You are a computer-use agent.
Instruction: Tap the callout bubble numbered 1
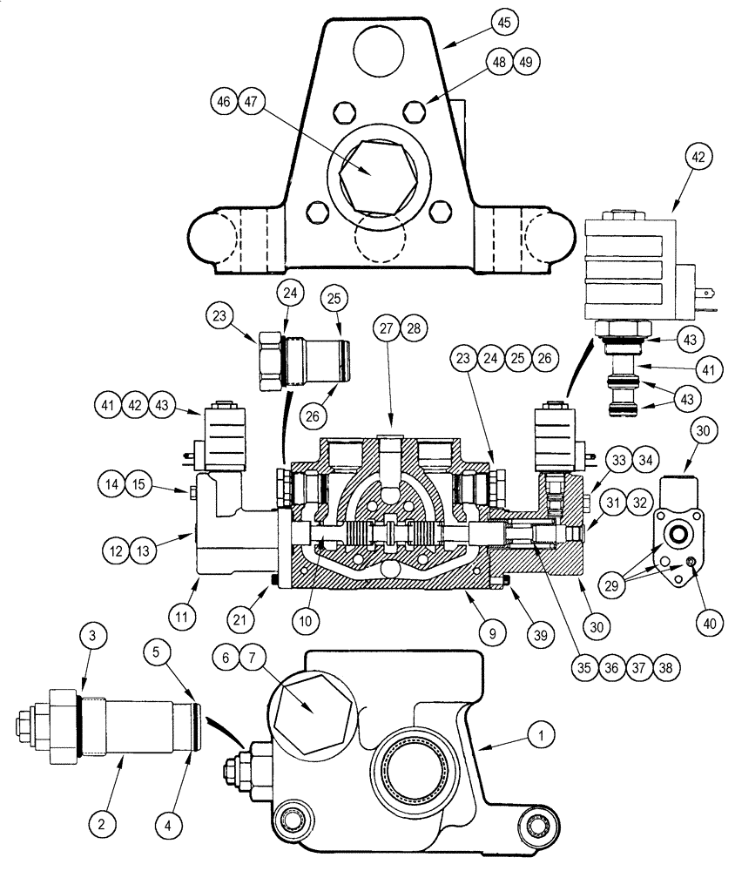542,737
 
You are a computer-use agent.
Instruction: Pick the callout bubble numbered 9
492,634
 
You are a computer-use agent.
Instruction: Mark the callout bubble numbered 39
540,635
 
